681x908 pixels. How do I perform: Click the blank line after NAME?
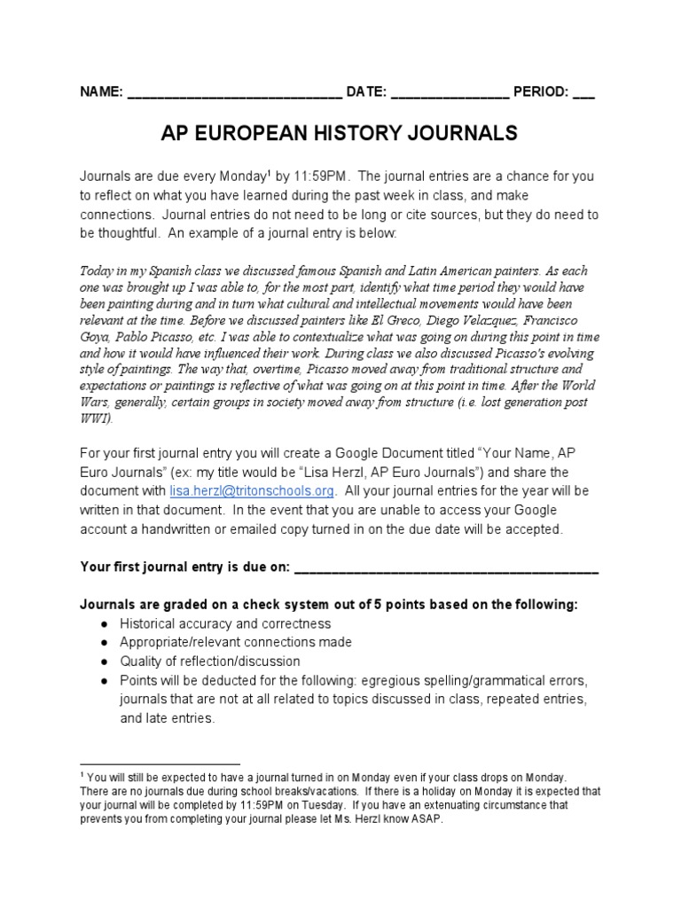coord(234,93)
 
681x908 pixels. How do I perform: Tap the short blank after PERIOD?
coord(583,93)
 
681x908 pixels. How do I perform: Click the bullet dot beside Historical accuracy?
coord(105,623)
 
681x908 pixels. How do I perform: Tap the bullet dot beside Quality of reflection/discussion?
coord(105,661)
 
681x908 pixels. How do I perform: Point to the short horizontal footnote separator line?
coord(160,763)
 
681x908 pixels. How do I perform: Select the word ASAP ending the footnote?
coord(425,819)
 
